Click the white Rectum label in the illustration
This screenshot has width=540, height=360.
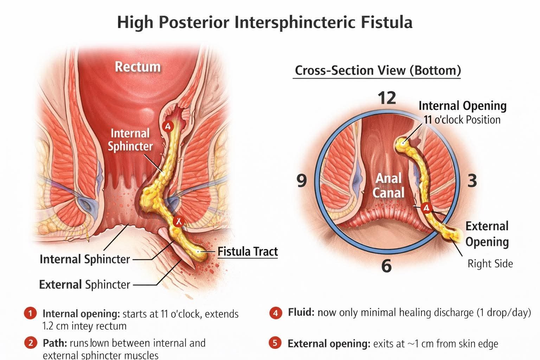click(x=137, y=66)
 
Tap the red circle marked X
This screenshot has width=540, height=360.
click(x=179, y=221)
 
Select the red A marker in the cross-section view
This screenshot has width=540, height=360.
click(x=426, y=208)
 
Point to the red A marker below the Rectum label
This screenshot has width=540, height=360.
click(x=168, y=126)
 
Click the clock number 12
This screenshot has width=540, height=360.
click(x=387, y=98)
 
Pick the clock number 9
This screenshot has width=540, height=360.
click(x=302, y=180)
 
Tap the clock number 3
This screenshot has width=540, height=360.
click(x=472, y=181)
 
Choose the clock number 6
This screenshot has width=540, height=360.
click(x=386, y=266)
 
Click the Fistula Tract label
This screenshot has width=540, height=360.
click(x=247, y=252)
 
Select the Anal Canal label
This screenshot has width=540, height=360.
click(x=388, y=185)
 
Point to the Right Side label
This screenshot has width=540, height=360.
click(x=490, y=264)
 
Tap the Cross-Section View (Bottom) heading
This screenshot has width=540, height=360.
click(x=378, y=70)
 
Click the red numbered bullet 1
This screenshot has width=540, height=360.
click(x=30, y=313)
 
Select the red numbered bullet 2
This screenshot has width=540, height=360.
click(x=30, y=343)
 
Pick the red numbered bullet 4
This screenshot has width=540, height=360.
click(x=276, y=313)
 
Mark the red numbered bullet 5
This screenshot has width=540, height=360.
click(x=276, y=343)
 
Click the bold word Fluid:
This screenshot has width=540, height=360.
click(x=301, y=312)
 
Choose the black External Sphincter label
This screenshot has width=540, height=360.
click(x=84, y=284)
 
